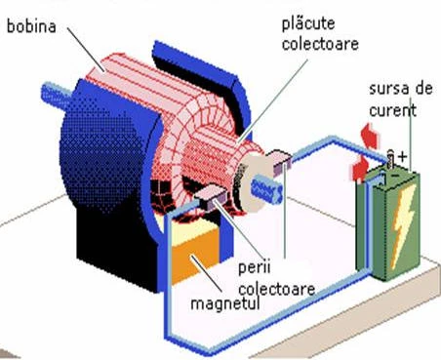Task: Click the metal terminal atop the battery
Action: (x=390, y=159)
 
